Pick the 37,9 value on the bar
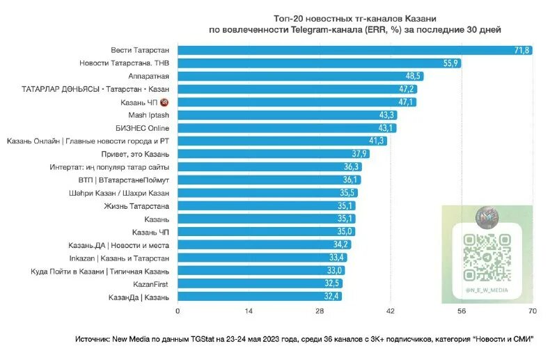tap(359, 154)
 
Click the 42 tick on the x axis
tap(391, 311)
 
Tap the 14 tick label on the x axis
tap(249, 311)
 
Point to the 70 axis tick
tap(533, 311)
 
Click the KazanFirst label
tap(150, 284)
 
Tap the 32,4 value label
tap(331, 297)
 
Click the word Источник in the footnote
tap(95, 340)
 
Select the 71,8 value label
tap(522, 50)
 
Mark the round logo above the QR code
tap(487, 218)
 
